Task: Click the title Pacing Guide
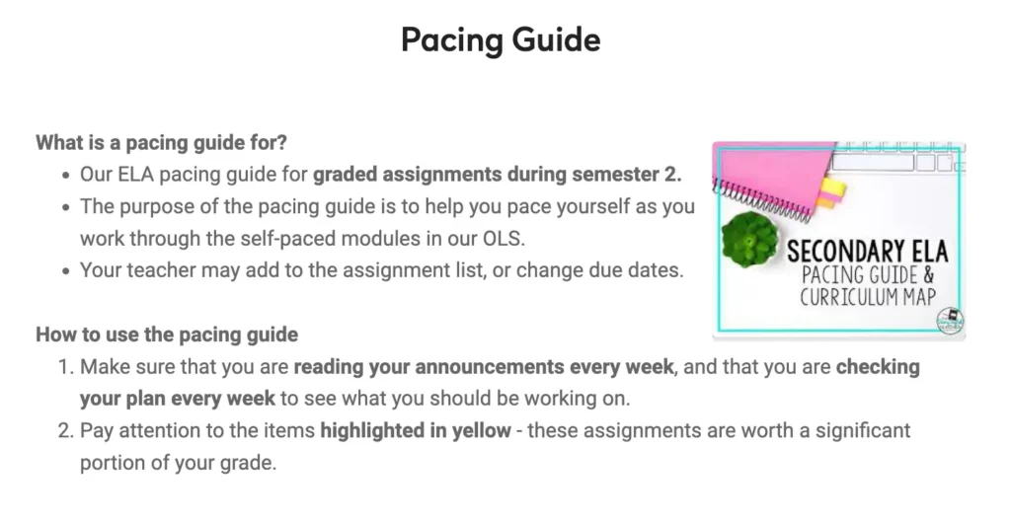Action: click(501, 39)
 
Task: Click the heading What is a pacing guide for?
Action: click(161, 142)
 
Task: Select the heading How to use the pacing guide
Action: click(167, 335)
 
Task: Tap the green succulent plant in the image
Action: click(749, 239)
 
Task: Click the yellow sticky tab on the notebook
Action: click(832, 187)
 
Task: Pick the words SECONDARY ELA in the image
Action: click(868, 251)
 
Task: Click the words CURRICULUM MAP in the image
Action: click(868, 297)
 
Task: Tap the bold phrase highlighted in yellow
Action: click(416, 430)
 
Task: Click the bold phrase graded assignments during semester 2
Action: click(498, 175)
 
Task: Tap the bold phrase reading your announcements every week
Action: click(484, 367)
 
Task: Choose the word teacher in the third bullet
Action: click(161, 270)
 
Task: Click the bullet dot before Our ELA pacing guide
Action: click(66, 176)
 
